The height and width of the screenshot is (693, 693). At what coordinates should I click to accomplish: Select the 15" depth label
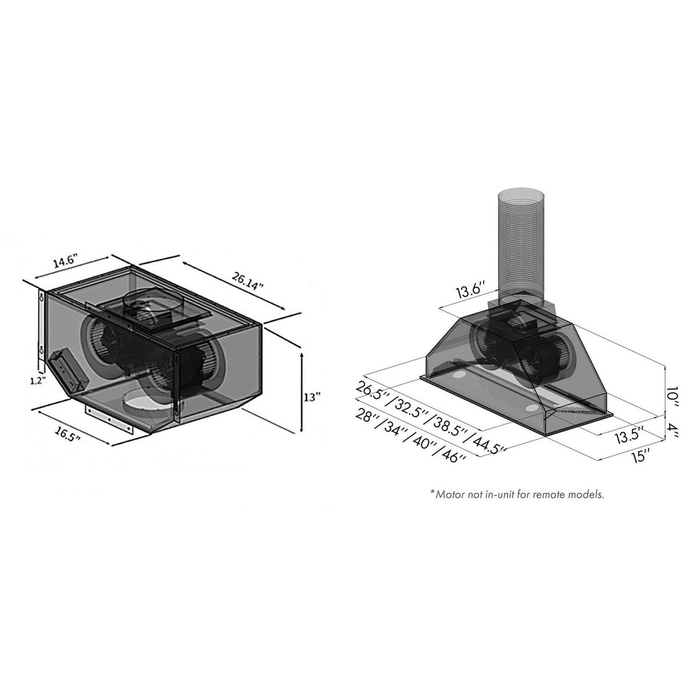tap(639, 454)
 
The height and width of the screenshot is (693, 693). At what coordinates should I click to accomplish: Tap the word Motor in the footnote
tap(450, 494)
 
